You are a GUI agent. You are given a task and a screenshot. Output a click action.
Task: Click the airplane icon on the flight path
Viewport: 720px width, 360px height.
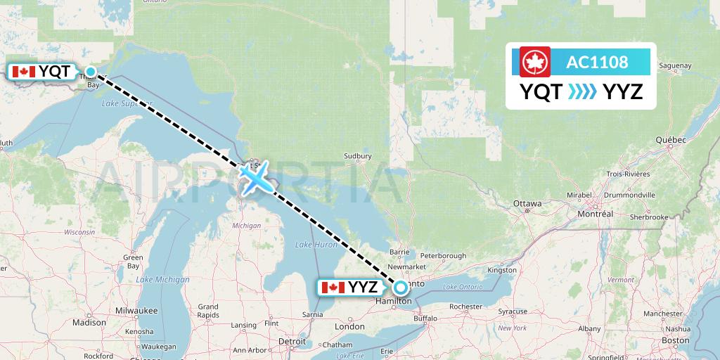click(255, 176)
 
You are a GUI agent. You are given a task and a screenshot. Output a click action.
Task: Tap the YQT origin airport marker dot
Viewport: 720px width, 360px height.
click(91, 71)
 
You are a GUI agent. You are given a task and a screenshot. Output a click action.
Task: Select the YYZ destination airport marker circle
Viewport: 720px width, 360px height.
click(400, 287)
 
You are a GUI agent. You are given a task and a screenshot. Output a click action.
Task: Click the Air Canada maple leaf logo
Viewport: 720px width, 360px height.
click(534, 62)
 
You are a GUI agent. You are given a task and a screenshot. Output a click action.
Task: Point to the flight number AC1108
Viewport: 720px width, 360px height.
click(597, 62)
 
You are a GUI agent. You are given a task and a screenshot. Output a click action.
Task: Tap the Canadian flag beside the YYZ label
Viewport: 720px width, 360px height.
click(332, 287)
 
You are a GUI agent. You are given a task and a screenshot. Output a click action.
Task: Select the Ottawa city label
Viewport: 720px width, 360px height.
click(527, 204)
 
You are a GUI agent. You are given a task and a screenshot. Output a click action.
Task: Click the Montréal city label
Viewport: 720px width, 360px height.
click(595, 213)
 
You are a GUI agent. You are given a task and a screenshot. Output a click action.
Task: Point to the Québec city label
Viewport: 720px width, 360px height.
click(670, 140)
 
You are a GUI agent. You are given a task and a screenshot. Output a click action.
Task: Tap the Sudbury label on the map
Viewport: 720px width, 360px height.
click(357, 156)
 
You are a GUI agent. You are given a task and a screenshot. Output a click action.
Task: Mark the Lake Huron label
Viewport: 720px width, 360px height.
click(313, 244)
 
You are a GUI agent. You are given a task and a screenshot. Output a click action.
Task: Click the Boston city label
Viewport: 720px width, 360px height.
click(675, 340)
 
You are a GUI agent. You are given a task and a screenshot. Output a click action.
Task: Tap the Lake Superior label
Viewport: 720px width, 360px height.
click(117, 104)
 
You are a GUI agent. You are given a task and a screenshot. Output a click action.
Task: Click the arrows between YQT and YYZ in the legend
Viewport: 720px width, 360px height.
click(581, 91)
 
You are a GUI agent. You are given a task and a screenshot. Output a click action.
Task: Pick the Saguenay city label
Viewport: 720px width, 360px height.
click(676, 66)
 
